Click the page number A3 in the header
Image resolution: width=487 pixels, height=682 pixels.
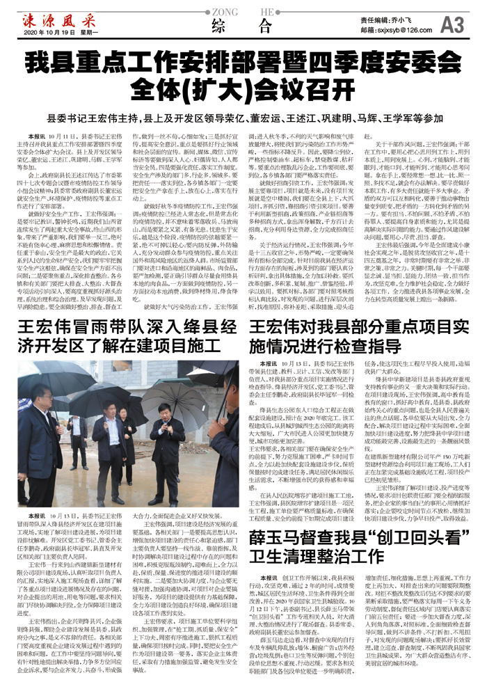453,25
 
